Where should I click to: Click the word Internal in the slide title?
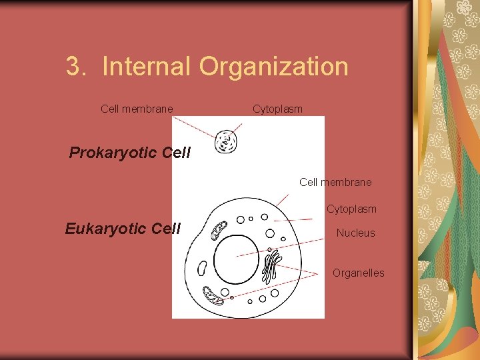pyautogui.click(x=147, y=67)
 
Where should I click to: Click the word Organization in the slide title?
pyautogui.click(x=273, y=67)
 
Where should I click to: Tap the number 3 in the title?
pyautogui.click(x=74, y=67)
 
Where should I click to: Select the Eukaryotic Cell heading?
pyautogui.click(x=123, y=229)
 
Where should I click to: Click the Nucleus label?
pyautogui.click(x=355, y=233)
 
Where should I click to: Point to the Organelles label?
pyautogui.click(x=359, y=273)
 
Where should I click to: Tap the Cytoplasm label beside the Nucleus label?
pyautogui.click(x=351, y=209)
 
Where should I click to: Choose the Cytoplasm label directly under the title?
pyautogui.click(x=277, y=109)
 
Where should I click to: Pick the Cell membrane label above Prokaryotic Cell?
pyautogui.click(x=137, y=109)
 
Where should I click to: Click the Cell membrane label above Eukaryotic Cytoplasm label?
pyautogui.click(x=335, y=182)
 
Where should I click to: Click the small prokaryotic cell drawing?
pyautogui.click(x=227, y=141)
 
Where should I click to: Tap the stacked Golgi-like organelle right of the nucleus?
pyautogui.click(x=271, y=265)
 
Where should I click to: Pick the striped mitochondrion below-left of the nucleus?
pyautogui.click(x=213, y=295)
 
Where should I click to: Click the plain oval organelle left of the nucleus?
pyautogui.click(x=202, y=267)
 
